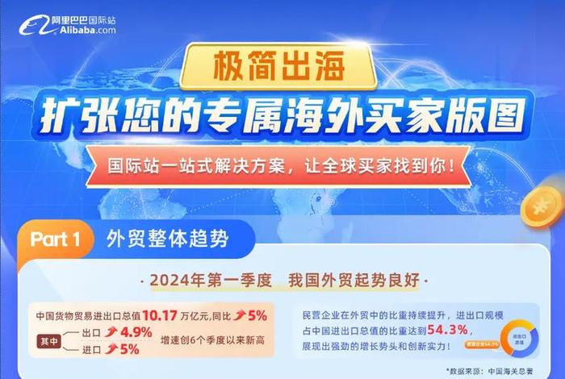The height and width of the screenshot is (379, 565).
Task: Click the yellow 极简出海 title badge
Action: click(281, 69)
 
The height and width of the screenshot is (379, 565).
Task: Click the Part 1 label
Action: click(55, 239)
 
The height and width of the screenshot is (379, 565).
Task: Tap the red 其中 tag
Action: click(49, 341)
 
